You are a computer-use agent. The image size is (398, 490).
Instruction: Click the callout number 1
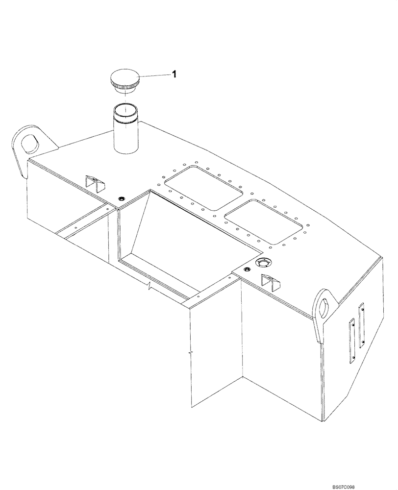(173, 74)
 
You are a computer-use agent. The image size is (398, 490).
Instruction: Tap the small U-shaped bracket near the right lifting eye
(269, 281)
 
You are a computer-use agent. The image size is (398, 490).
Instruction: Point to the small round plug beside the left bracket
(121, 198)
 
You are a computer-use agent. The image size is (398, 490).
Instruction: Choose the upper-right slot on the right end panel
(362, 325)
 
